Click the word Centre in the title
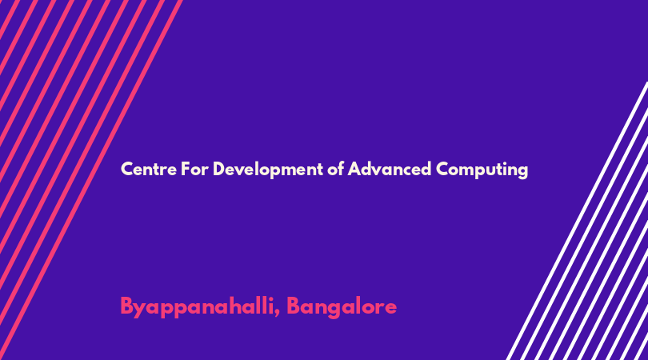[x=149, y=169]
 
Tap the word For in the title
[x=194, y=169]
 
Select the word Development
[x=268, y=170]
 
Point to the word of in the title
[x=335, y=169]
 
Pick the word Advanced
[x=390, y=169]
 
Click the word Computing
[x=482, y=170]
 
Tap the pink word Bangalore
[x=342, y=307]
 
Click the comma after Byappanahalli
[x=278, y=314]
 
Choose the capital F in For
[x=185, y=169]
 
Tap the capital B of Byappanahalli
[x=126, y=306]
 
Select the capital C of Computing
[x=442, y=169]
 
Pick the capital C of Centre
[x=127, y=169]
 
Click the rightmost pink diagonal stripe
[x=90, y=180]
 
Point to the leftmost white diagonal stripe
[x=577, y=221]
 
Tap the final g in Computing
[x=523, y=171]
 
